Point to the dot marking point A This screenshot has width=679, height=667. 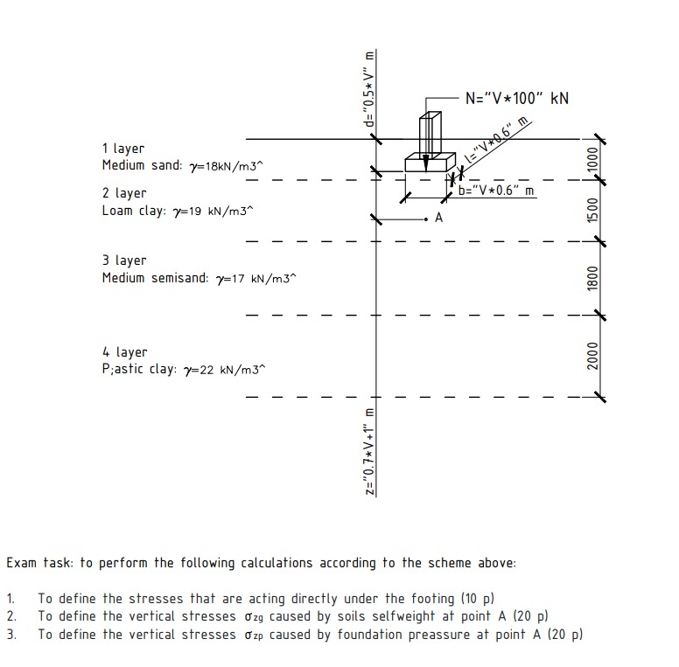tap(425, 218)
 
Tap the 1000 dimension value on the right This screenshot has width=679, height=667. tap(592, 160)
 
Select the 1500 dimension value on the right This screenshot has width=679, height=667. tap(592, 211)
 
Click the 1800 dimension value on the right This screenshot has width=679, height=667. tap(592, 278)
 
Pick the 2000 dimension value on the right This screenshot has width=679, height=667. tap(592, 356)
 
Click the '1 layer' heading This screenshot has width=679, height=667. tap(122, 149)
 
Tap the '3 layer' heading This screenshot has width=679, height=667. tap(123, 261)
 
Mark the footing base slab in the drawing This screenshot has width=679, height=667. tap(429, 163)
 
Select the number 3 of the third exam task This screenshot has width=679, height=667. tap(11, 634)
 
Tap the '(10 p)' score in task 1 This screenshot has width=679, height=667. tap(477, 599)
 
